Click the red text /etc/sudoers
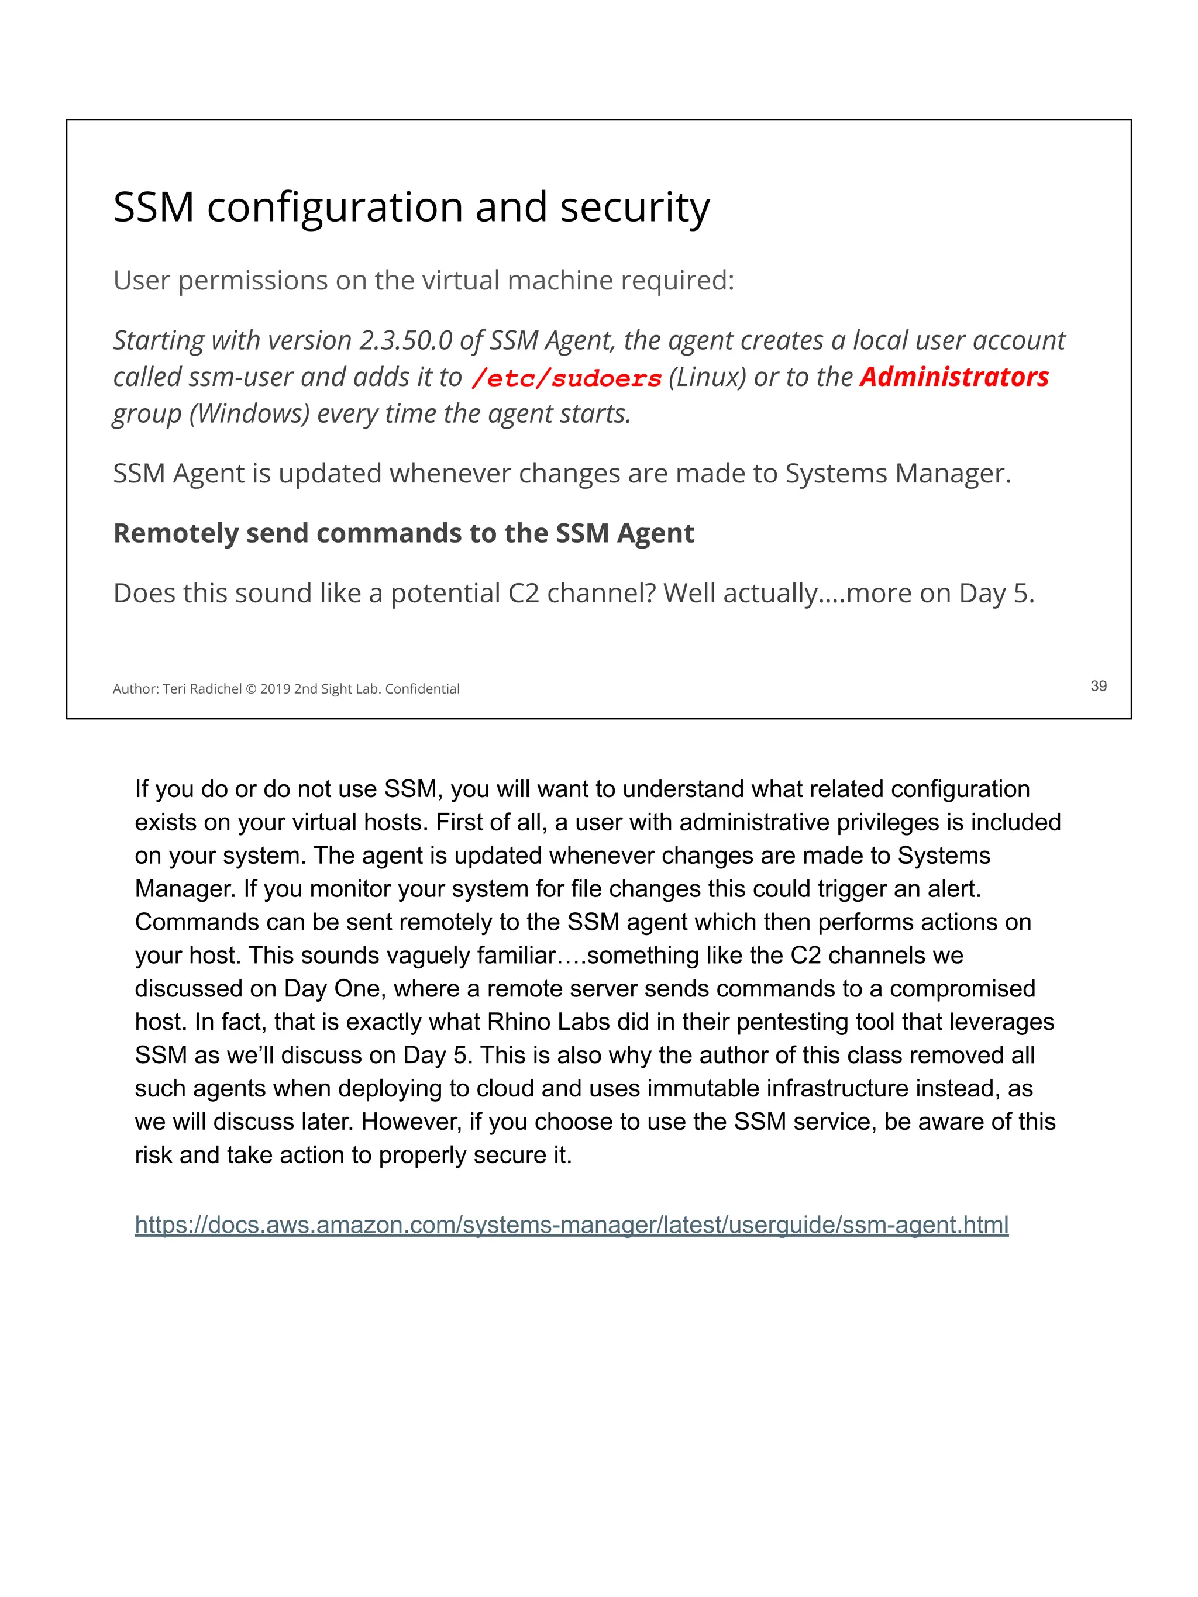(x=566, y=378)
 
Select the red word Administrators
(x=953, y=377)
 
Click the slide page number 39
(x=1097, y=686)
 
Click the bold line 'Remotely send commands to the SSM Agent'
(x=403, y=533)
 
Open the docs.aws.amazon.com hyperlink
(x=571, y=1225)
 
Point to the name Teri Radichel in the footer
(x=202, y=689)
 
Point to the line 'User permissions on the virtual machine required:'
(x=423, y=280)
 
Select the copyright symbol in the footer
(x=250, y=689)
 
